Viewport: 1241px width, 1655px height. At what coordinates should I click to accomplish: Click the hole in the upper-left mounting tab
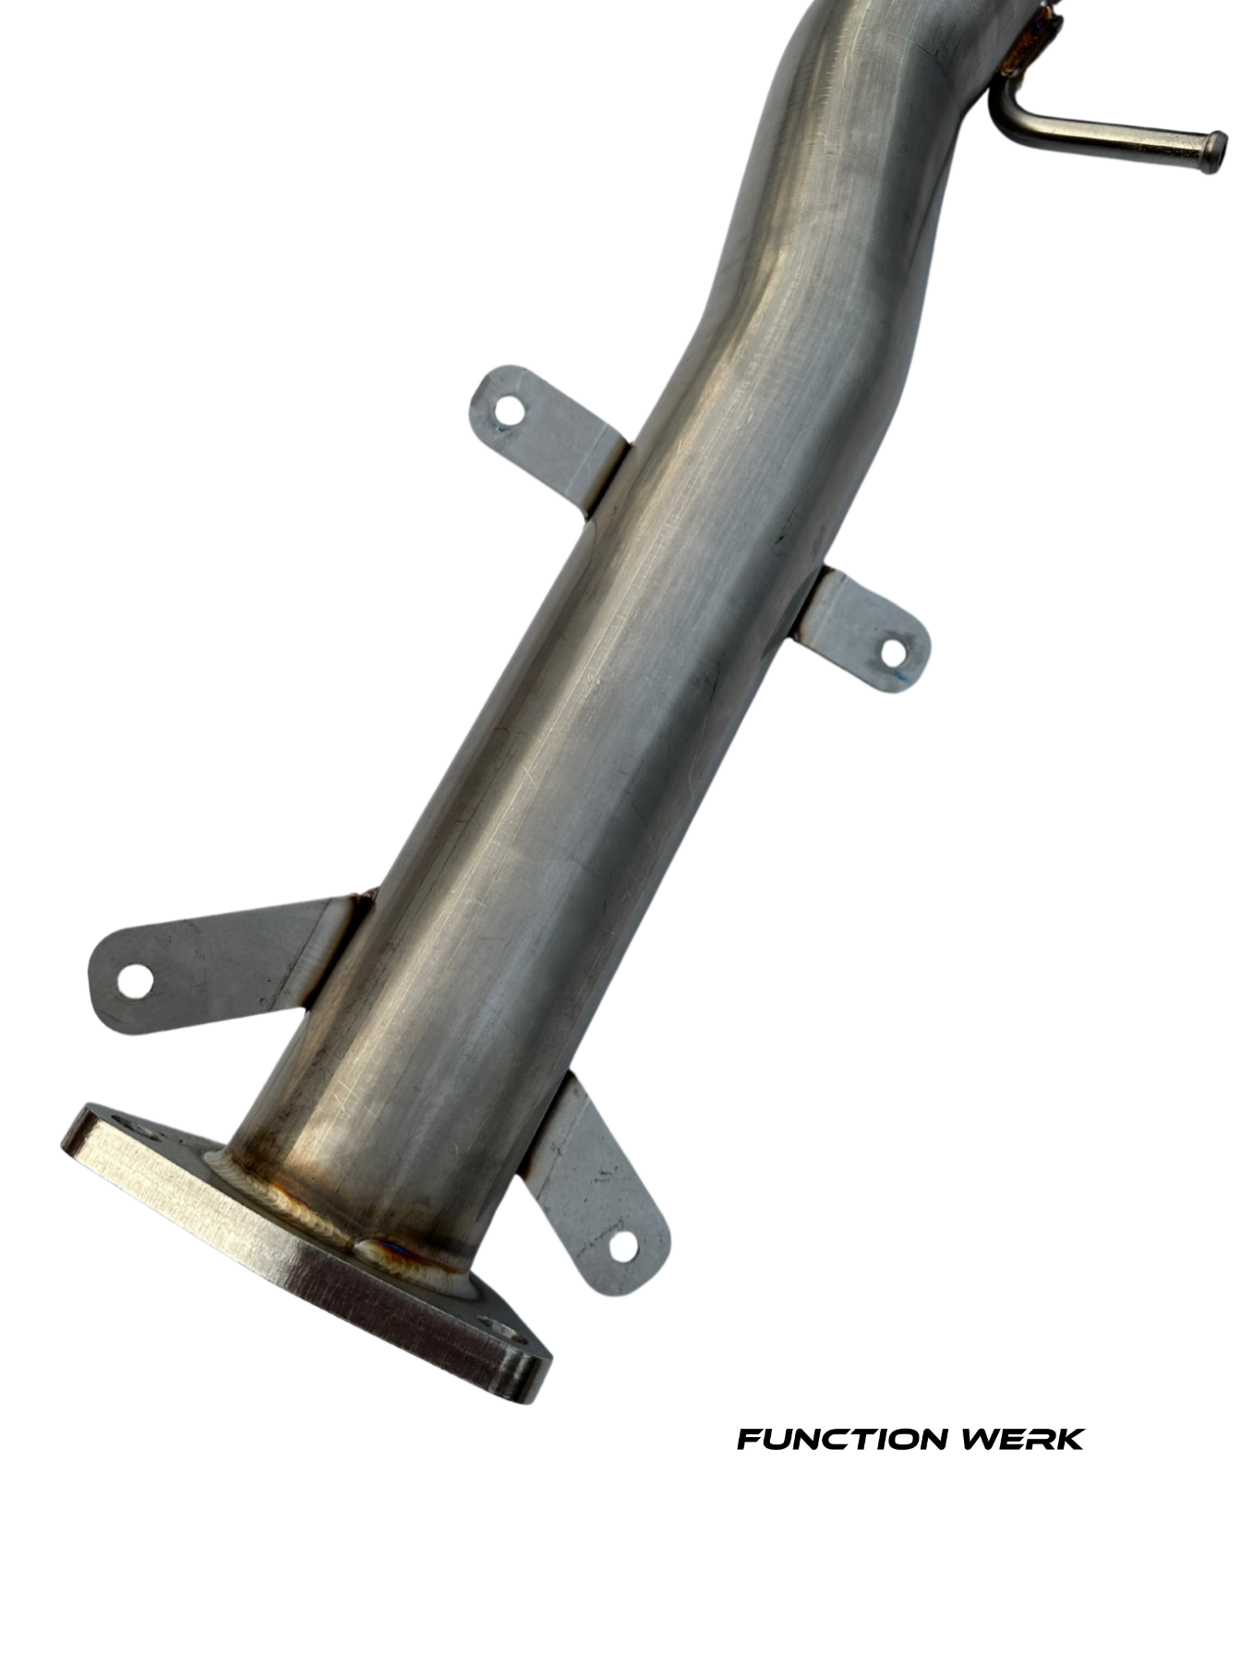tap(509, 409)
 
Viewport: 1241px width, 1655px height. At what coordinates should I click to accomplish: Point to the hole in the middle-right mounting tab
tap(893, 653)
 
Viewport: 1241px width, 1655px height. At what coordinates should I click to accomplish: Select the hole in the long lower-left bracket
tap(135, 982)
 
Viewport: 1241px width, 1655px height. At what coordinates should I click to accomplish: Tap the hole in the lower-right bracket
tap(623, 1246)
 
